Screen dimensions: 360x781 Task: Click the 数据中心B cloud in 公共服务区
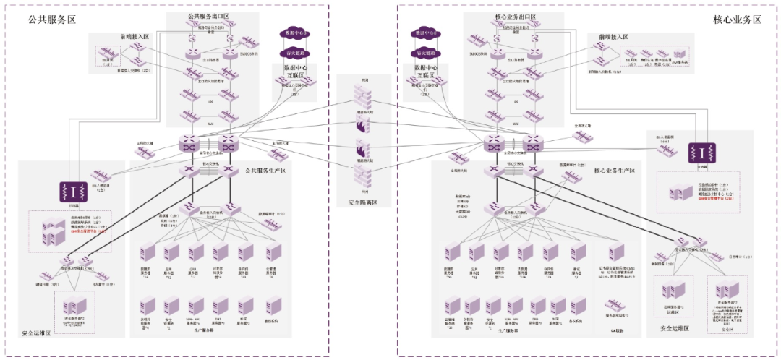click(x=294, y=34)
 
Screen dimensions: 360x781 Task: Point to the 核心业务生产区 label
click(x=615, y=171)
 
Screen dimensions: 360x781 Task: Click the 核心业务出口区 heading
click(x=516, y=16)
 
